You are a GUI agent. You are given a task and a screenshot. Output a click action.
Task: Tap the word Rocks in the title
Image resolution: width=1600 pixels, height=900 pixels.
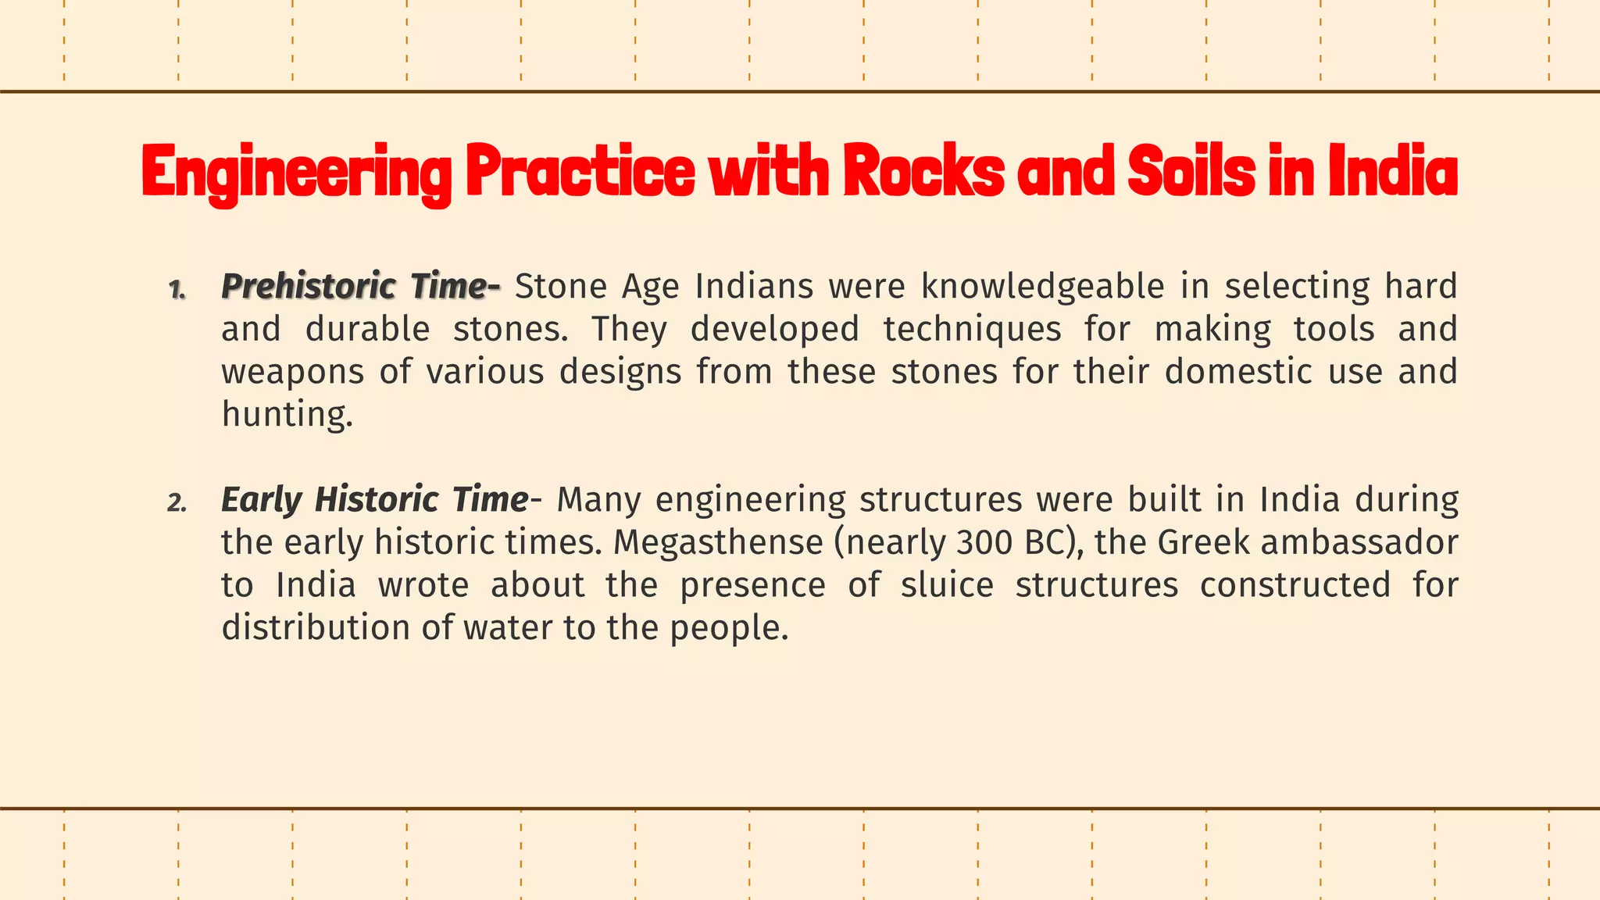point(923,172)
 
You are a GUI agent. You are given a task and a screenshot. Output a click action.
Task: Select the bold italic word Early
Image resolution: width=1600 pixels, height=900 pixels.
point(261,500)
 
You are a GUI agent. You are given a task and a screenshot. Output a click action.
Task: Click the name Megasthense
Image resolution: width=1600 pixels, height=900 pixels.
point(718,543)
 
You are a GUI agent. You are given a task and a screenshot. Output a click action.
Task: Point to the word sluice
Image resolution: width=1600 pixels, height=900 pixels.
point(946,585)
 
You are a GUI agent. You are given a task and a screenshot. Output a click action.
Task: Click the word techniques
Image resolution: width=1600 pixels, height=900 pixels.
point(973,330)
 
